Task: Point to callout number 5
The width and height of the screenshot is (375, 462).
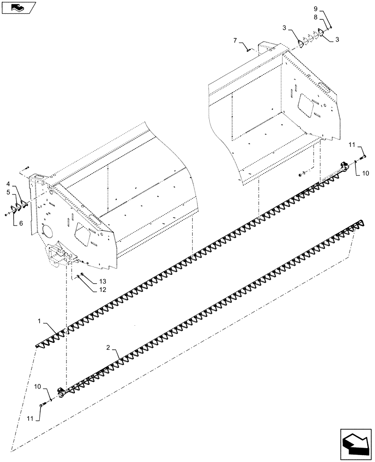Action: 9,192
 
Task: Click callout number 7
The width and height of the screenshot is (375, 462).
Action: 236,41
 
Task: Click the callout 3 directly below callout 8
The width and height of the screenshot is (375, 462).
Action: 337,40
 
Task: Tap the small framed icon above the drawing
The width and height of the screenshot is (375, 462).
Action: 18,7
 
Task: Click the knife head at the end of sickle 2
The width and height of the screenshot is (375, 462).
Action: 60,392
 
